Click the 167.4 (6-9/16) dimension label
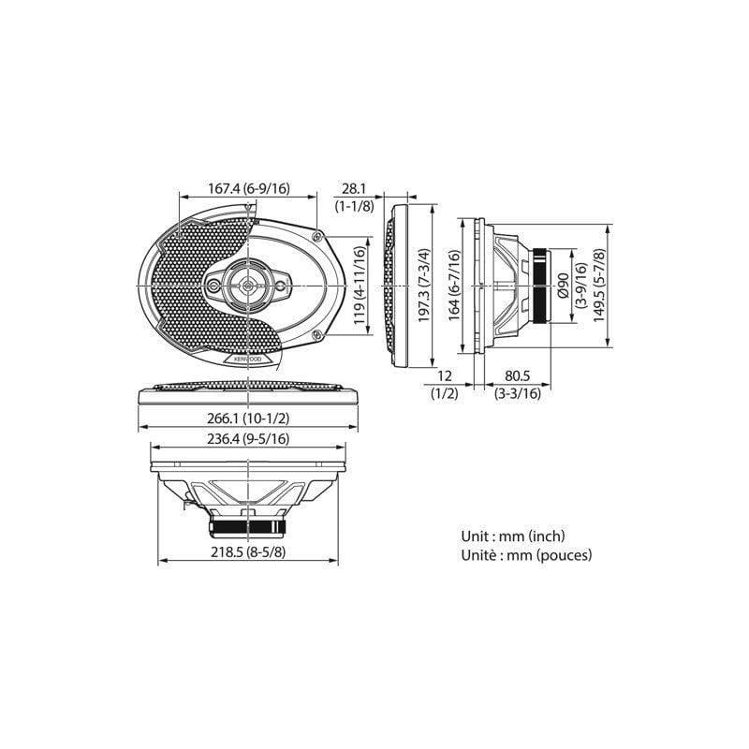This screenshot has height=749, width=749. pos(248,188)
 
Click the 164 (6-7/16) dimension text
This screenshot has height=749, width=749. pos(454,286)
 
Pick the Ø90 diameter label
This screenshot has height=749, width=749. pos(563,285)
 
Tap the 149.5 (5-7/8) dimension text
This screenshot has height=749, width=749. pos(598,285)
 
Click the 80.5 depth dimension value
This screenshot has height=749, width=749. pos(518,376)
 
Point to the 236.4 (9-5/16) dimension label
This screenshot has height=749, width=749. pos(248,438)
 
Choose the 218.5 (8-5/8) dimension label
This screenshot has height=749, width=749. pos(248,553)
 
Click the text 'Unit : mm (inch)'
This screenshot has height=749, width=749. pos(513,536)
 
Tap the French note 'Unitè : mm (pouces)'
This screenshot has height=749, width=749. pos(526,554)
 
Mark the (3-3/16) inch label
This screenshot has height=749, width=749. pos(518,393)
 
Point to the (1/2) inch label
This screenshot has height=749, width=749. pos(444,393)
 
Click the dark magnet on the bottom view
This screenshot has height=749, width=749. pos(248,524)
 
